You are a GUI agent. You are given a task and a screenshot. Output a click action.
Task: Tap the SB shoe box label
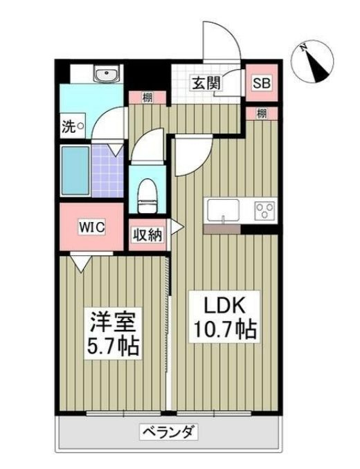pyautogui.click(x=261, y=83)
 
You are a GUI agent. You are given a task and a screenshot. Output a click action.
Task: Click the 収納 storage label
pyautogui.click(x=147, y=234)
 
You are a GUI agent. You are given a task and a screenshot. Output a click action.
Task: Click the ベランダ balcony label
pyautogui.click(x=170, y=433)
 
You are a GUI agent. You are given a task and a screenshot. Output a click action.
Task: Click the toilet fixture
pyautogui.click(x=147, y=194)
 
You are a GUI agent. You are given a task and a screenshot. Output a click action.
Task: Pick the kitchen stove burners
pyautogui.click(x=264, y=210)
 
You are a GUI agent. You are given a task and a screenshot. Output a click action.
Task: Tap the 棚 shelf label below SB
pyautogui.click(x=261, y=113)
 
